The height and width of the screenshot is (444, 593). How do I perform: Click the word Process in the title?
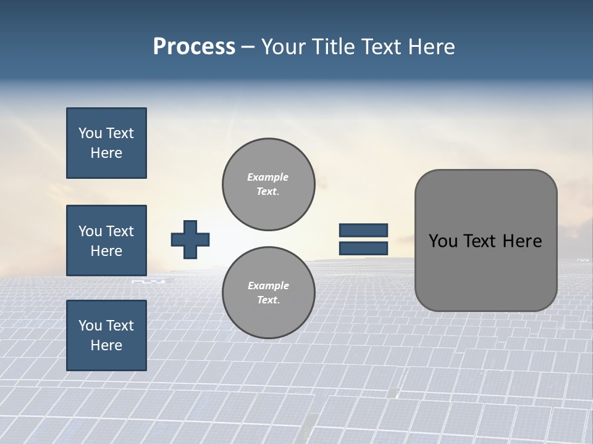194,47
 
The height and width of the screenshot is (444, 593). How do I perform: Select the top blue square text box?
106,143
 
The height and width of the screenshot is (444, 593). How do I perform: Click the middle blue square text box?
106,240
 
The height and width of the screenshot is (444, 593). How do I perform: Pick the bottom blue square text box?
106,335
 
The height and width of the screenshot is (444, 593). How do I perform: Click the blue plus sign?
190,239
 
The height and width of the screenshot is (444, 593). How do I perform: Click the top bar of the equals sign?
363,231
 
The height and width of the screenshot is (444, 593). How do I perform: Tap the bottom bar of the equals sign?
363,249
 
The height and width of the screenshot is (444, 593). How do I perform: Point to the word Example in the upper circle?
267,177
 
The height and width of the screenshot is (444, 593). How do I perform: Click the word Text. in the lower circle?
268,300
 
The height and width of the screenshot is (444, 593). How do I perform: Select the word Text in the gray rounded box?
479,241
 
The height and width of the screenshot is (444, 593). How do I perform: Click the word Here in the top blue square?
106,153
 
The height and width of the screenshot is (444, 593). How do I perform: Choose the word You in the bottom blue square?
90,326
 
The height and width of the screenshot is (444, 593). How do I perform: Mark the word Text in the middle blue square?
120,231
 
